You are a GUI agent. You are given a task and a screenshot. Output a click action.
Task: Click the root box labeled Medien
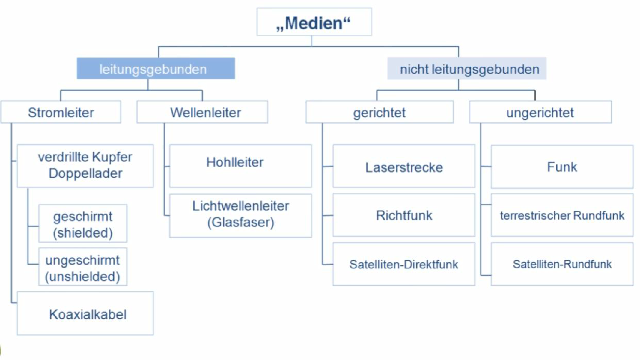(x=314, y=22)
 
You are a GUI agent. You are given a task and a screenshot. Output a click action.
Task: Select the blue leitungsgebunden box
(x=156, y=68)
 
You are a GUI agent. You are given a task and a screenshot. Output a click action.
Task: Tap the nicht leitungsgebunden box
(x=467, y=68)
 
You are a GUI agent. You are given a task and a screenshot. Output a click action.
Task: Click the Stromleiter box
(x=61, y=112)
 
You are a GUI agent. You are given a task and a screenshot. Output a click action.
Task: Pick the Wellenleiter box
(x=202, y=112)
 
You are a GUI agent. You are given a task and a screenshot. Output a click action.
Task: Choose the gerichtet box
(x=380, y=112)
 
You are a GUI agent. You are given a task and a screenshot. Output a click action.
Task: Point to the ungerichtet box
(x=540, y=112)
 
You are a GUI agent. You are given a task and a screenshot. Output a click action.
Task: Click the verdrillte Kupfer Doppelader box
(x=85, y=166)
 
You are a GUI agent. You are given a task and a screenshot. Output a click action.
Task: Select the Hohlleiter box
(x=240, y=166)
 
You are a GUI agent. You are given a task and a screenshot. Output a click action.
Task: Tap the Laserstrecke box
(x=404, y=166)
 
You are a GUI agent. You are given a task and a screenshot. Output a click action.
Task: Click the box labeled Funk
(x=562, y=166)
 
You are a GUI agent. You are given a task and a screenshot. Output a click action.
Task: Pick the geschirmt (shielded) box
(x=83, y=223)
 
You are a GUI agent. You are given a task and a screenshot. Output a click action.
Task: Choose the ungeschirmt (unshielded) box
(x=83, y=267)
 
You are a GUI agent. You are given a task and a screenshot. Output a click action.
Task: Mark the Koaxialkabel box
(x=85, y=313)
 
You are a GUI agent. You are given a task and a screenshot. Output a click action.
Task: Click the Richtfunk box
(x=404, y=215)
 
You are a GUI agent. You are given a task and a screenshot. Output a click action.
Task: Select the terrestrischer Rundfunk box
(x=562, y=215)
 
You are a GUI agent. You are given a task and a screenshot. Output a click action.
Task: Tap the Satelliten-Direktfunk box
(x=404, y=264)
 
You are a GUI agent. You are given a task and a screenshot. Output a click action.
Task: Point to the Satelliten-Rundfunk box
(x=562, y=264)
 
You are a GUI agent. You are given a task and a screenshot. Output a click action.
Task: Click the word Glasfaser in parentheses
(x=241, y=223)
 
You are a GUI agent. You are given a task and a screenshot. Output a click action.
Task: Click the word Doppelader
(x=85, y=173)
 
